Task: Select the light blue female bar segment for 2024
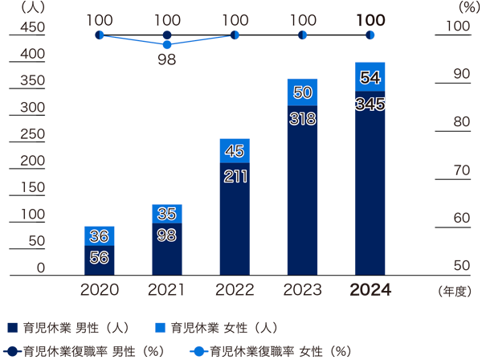click(x=370, y=78)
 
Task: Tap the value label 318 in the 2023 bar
click(x=303, y=118)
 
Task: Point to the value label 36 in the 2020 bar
click(x=99, y=236)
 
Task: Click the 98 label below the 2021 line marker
click(x=167, y=59)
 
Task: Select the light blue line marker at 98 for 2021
click(x=167, y=44)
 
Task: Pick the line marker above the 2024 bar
click(x=370, y=35)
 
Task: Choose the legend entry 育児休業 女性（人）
click(x=216, y=328)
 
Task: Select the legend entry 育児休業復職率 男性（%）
click(x=86, y=350)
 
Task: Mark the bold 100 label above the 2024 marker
click(x=370, y=19)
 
